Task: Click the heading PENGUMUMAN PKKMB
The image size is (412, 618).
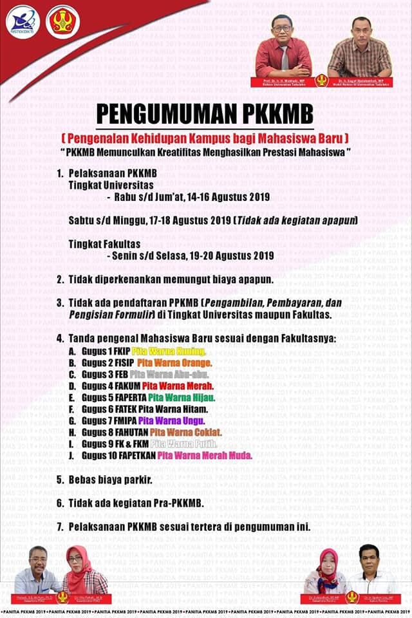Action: (205, 114)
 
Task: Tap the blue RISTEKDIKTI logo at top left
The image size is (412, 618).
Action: (23, 21)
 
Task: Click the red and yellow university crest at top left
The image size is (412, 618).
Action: (62, 21)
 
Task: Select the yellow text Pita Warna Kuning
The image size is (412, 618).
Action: (168, 351)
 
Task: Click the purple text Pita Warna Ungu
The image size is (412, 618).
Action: (171, 420)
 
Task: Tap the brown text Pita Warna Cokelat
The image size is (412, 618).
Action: (185, 432)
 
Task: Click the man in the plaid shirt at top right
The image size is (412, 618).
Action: (359, 48)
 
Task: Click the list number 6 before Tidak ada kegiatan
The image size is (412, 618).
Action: (59, 502)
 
